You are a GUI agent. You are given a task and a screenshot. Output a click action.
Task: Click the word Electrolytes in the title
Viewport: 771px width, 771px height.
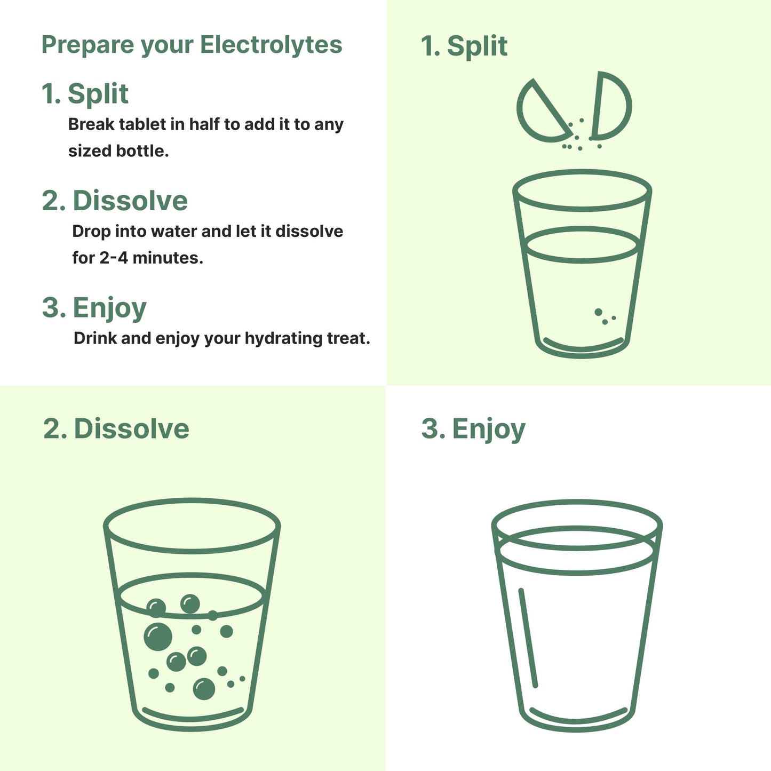(x=271, y=45)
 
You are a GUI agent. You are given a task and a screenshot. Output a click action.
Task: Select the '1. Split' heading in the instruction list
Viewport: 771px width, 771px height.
(x=85, y=94)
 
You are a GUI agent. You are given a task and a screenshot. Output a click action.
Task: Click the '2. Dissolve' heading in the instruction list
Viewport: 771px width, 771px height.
(x=115, y=201)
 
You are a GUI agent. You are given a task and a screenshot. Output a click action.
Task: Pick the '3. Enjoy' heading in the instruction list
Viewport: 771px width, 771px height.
(x=94, y=308)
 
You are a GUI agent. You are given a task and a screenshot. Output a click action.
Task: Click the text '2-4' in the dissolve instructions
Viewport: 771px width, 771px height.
(x=114, y=258)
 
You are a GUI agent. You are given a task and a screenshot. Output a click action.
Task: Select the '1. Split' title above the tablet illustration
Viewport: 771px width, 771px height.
(x=464, y=46)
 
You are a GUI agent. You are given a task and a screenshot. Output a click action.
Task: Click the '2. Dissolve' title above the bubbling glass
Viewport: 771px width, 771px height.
(x=116, y=429)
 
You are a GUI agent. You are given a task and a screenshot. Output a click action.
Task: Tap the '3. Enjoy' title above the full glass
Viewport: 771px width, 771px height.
(x=473, y=429)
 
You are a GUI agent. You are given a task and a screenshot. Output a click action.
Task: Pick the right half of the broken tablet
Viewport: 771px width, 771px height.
(x=613, y=105)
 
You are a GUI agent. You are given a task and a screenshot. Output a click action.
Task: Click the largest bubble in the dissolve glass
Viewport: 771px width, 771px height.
(x=158, y=637)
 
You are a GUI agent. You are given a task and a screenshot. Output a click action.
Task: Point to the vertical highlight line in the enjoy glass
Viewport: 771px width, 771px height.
(x=528, y=638)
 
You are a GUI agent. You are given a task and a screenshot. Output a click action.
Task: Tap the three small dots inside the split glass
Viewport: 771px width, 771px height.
(x=605, y=316)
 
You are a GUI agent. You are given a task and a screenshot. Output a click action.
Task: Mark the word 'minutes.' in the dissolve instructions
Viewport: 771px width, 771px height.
(x=168, y=258)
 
